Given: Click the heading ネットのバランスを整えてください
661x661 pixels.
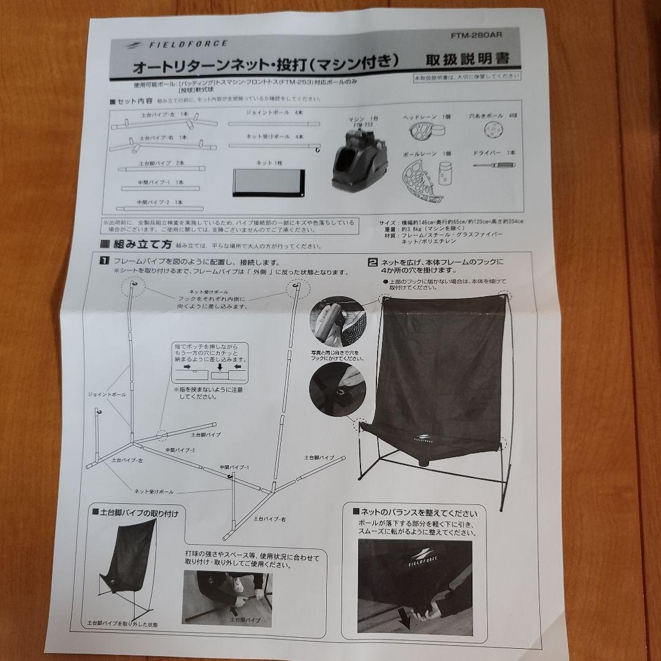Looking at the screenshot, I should [x=419, y=512].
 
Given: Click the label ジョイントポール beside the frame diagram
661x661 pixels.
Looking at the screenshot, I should [x=106, y=395].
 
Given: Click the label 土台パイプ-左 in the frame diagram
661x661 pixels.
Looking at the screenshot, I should [x=127, y=459].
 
